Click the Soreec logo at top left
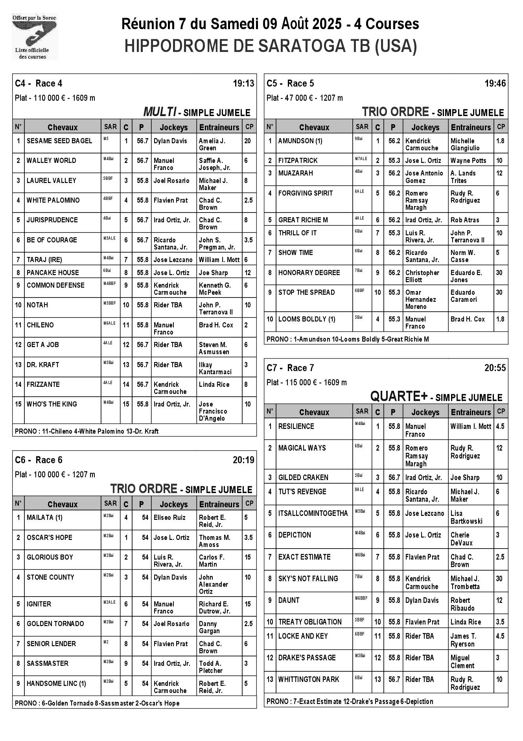35,36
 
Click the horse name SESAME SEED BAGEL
59,141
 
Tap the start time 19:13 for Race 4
243,83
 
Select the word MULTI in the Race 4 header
160,112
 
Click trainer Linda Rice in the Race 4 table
214,384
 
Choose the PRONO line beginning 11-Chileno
87,431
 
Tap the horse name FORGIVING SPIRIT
306,193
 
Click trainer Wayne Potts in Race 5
468,161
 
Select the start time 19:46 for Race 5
495,83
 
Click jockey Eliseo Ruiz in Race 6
169,517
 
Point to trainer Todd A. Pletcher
210,667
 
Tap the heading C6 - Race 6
39,460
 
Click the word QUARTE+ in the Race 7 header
399,397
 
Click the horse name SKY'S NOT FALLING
308,578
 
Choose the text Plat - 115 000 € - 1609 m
307,383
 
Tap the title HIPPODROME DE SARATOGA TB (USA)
271,46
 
